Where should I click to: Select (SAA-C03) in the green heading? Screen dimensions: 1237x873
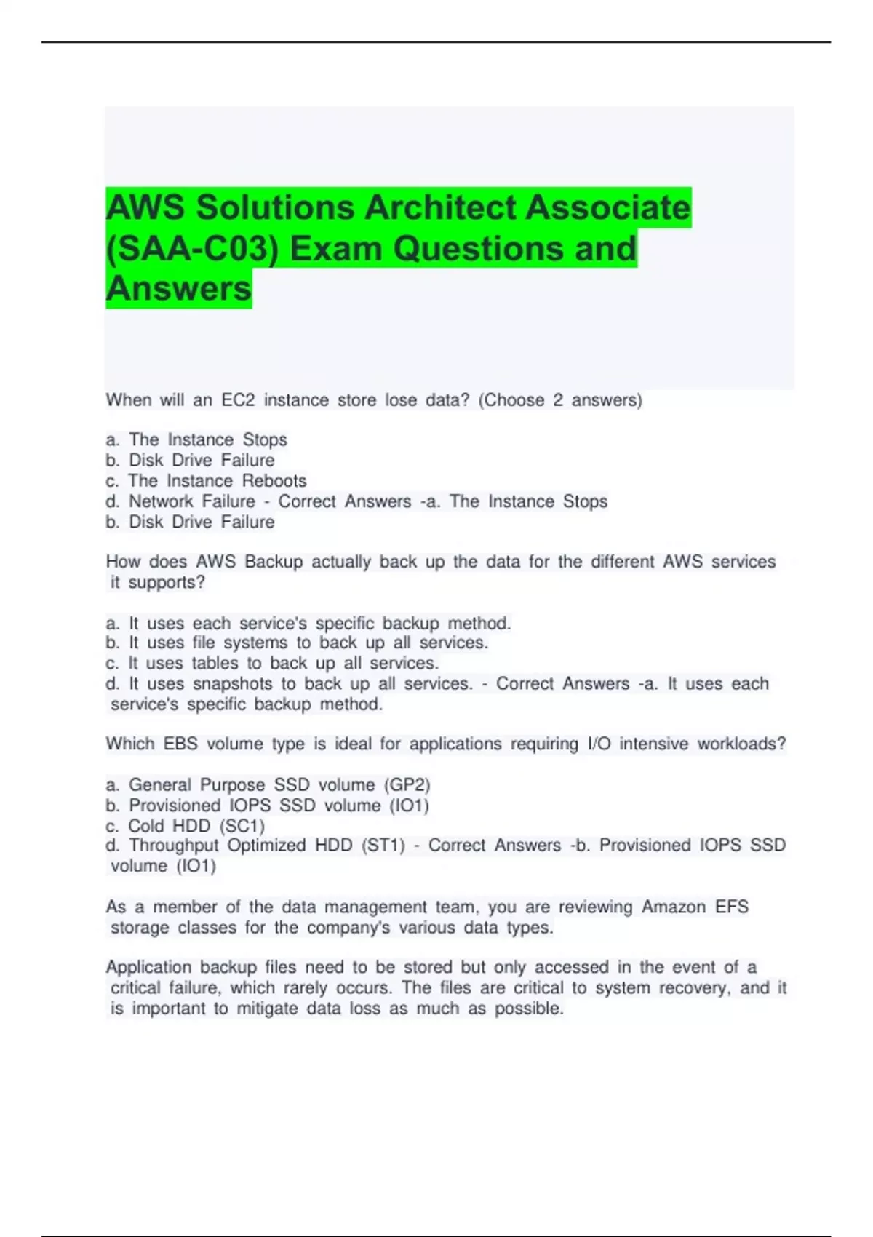[192, 249]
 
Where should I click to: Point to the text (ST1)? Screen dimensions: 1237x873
[383, 846]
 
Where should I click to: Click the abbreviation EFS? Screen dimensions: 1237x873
[731, 907]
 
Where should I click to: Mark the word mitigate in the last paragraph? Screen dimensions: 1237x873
[267, 1009]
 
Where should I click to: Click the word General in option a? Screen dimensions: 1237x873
[160, 785]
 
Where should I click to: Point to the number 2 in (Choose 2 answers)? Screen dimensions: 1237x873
[557, 400]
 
